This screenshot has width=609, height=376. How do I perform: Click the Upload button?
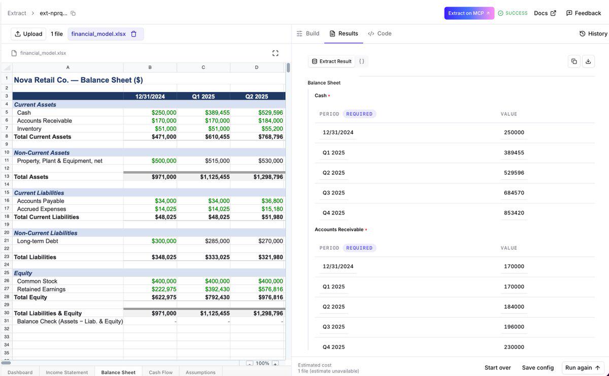click(28, 34)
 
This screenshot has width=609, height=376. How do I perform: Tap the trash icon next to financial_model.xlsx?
click(133, 34)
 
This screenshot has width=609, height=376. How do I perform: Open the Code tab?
click(380, 34)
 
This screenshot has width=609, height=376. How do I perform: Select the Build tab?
click(308, 34)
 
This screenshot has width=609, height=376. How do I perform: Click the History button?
click(593, 34)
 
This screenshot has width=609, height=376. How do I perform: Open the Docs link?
click(545, 13)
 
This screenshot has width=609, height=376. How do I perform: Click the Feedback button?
click(584, 13)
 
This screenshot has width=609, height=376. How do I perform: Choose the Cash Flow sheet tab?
click(161, 372)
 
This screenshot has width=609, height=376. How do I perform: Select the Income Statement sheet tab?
click(66, 372)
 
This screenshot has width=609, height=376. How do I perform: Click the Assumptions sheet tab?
click(200, 372)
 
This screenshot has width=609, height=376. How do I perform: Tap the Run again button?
click(583, 367)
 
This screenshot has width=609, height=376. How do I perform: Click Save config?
click(538, 367)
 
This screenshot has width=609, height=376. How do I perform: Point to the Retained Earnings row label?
click(41, 289)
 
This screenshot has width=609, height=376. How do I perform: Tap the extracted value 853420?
click(514, 212)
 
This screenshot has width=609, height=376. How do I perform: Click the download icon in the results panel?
click(588, 61)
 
